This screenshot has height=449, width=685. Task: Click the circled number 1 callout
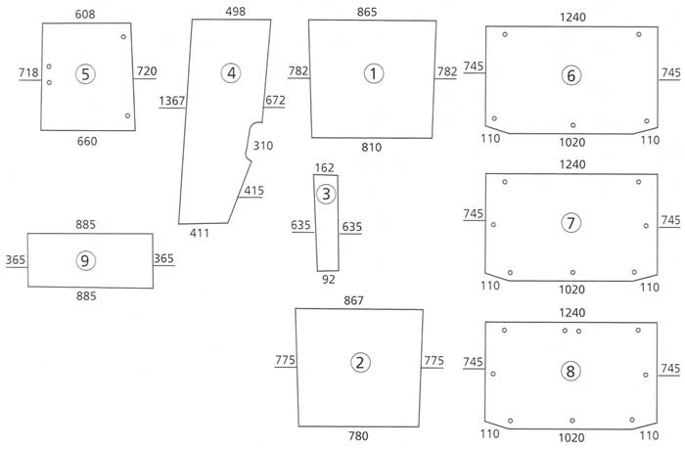click(x=372, y=73)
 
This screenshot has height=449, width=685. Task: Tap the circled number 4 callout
click(x=231, y=72)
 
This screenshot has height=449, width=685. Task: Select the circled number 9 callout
click(x=85, y=259)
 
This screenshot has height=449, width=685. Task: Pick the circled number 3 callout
click(x=327, y=194)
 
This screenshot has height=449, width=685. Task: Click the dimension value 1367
click(x=171, y=101)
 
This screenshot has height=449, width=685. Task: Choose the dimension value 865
click(x=371, y=11)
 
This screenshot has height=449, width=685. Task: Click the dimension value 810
click(x=371, y=148)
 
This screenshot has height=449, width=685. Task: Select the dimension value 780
click(x=360, y=434)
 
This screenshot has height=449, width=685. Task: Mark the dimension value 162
click(x=326, y=168)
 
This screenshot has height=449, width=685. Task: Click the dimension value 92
click(x=328, y=280)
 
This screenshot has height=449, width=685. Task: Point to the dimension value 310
click(x=263, y=146)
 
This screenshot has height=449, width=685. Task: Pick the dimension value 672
click(x=275, y=100)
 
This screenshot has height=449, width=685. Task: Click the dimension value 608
click(x=86, y=13)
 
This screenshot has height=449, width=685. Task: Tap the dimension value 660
click(x=87, y=141)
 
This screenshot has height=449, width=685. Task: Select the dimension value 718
click(x=28, y=73)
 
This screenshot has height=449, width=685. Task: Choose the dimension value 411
click(x=200, y=232)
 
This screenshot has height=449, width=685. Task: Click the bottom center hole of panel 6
click(x=572, y=125)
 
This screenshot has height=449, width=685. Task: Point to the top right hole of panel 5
click(x=123, y=37)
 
